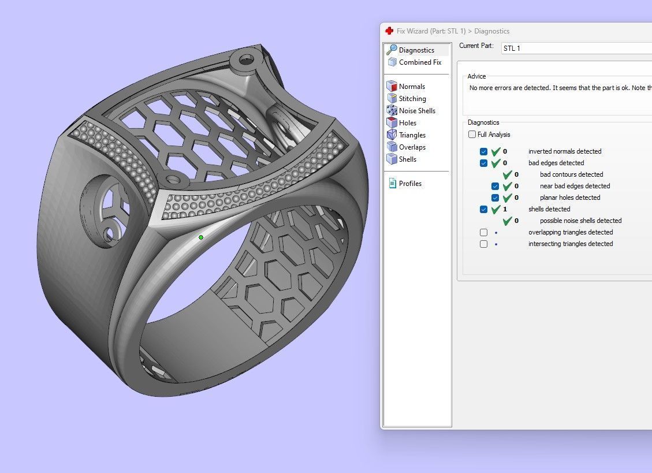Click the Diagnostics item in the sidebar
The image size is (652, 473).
[416, 50]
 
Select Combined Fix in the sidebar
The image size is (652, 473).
[420, 62]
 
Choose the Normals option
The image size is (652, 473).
[412, 87]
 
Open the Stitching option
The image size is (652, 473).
[412, 99]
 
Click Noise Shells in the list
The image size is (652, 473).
[417, 111]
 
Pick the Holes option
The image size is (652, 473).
[407, 123]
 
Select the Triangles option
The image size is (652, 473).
[412, 135]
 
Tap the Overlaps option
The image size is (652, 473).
[412, 147]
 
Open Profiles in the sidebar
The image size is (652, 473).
[410, 184]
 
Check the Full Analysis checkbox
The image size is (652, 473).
[472, 135]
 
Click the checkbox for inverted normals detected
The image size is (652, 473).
[484, 151]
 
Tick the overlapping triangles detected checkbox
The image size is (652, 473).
[484, 232]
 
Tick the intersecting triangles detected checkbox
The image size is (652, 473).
[484, 244]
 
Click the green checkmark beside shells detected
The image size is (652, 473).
[495, 209]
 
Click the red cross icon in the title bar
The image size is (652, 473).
[389, 31]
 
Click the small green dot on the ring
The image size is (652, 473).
[201, 237]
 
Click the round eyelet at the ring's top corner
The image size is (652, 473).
[245, 58]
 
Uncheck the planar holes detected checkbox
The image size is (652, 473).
[495, 198]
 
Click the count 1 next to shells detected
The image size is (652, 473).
[505, 209]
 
